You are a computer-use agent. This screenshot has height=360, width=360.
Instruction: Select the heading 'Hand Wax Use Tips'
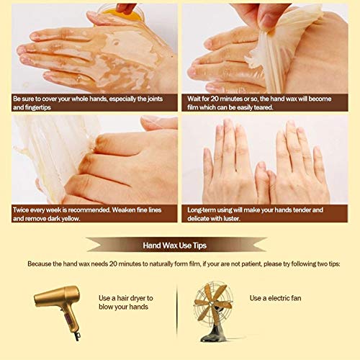click(179, 244)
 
